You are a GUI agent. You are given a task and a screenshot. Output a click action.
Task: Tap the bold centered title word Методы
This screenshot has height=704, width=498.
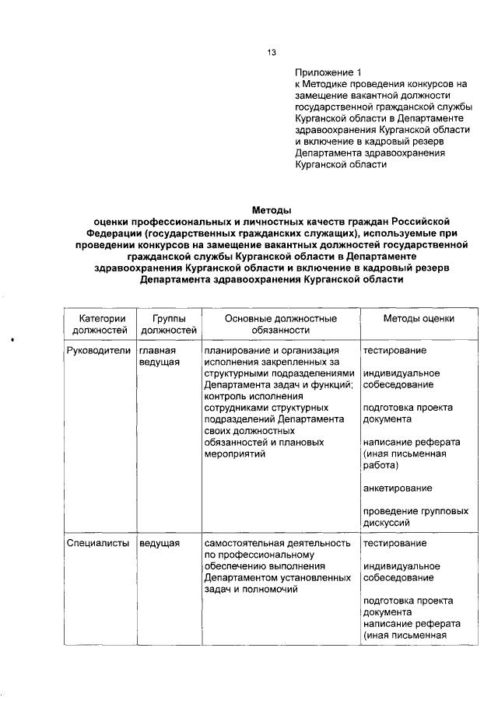click(272, 209)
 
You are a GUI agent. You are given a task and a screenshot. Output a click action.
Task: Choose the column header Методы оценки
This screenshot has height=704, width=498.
click(419, 319)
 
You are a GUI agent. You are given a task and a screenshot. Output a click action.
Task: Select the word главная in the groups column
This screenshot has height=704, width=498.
click(158, 350)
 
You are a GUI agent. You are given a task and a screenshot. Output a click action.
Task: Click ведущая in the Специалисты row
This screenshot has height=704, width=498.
click(160, 542)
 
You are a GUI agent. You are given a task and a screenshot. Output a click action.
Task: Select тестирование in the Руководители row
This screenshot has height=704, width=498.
click(395, 350)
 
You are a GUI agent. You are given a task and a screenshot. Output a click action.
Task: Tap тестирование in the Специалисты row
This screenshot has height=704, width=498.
click(395, 542)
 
